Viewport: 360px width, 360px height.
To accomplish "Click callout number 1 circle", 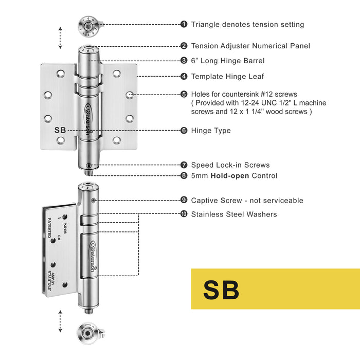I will click(184, 24).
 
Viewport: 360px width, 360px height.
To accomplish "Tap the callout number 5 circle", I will click(184, 94).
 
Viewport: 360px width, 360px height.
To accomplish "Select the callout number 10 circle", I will click(184, 214).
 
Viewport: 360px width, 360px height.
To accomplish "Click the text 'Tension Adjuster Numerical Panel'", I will click(250, 46).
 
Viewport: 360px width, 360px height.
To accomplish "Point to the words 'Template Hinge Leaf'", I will click(227, 76).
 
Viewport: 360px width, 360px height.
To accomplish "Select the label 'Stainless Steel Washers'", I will click(233, 214).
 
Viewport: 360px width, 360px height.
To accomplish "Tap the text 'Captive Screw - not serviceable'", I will click(247, 201).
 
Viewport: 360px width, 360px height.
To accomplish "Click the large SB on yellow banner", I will click(221, 290).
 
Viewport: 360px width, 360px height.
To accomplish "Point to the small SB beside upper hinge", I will click(60, 130).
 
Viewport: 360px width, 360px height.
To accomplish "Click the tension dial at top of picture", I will click(89, 26).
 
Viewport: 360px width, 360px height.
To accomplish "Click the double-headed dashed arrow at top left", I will click(60, 38).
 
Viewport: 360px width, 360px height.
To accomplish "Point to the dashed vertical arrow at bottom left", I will click(60, 321).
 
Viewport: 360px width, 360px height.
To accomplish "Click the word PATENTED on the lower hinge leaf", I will click(50, 227).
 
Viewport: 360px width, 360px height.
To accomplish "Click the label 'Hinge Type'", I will click(211, 131).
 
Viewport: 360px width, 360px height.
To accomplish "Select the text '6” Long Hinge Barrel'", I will click(227, 61).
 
